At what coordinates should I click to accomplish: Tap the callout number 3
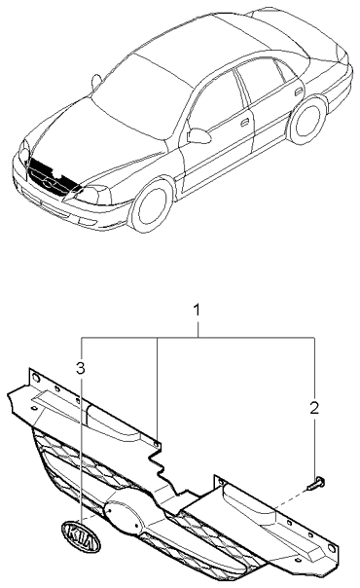coord(81,367)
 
